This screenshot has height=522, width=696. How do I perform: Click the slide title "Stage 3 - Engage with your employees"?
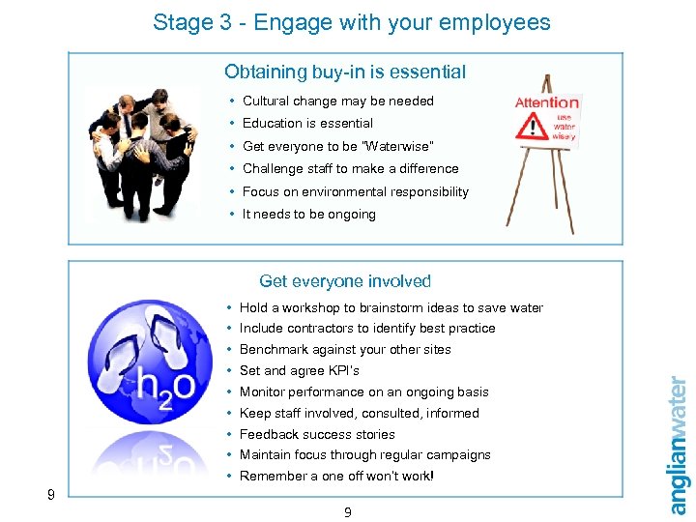(x=351, y=22)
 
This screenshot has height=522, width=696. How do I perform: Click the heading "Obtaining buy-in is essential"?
(x=345, y=72)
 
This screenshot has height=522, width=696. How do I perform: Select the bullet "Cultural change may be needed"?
(x=337, y=101)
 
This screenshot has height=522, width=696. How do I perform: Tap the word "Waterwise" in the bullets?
(x=400, y=146)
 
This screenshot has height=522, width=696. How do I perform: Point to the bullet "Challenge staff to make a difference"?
(x=350, y=168)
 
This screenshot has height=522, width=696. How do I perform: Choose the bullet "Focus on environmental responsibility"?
(x=355, y=191)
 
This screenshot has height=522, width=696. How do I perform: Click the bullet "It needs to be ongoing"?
(x=308, y=214)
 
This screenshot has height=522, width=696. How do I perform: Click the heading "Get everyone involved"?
(x=345, y=281)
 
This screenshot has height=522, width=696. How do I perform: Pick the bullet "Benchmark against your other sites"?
(x=345, y=349)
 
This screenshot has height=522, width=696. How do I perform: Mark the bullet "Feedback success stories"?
(x=317, y=434)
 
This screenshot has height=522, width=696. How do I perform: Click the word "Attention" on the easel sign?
(x=547, y=102)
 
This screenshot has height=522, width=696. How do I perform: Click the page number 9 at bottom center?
(x=348, y=512)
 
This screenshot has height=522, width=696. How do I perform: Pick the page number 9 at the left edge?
(x=50, y=495)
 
